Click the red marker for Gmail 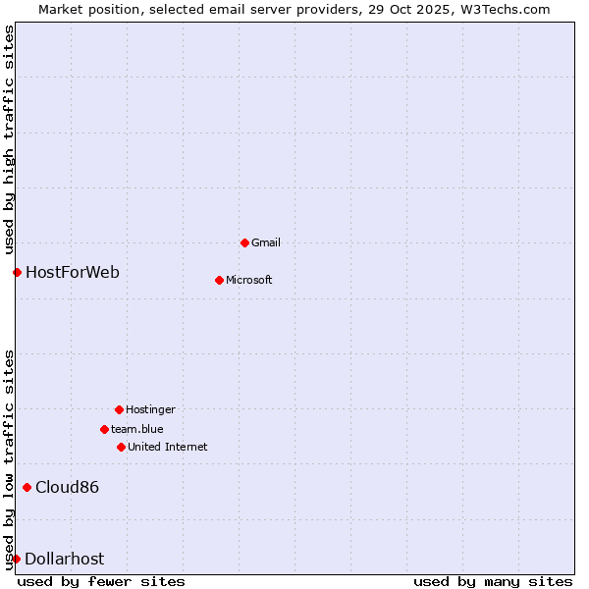(x=244, y=242)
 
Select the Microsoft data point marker (x=219, y=280)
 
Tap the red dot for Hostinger (x=119, y=409)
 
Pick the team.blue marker (x=104, y=429)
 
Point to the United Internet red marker (x=121, y=447)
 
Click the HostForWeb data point (x=17, y=272)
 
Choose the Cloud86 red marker (x=27, y=487)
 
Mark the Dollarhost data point (x=16, y=559)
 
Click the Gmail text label (x=266, y=242)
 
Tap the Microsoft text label (x=249, y=280)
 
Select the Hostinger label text (x=150, y=409)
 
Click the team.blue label (x=137, y=429)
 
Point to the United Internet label (x=168, y=447)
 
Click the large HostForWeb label (x=73, y=272)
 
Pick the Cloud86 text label (x=68, y=487)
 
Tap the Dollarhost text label (x=65, y=559)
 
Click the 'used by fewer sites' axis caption (x=101, y=581)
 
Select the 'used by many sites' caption (x=493, y=581)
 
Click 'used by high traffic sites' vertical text (x=9, y=139)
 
